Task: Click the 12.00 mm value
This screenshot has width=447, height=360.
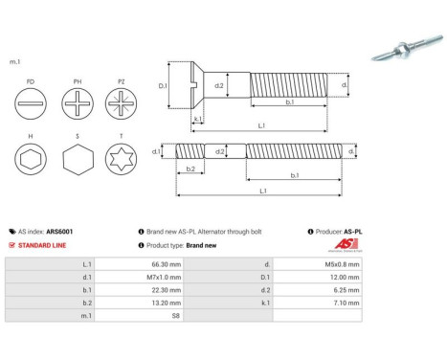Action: pyautogui.click(x=343, y=277)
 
